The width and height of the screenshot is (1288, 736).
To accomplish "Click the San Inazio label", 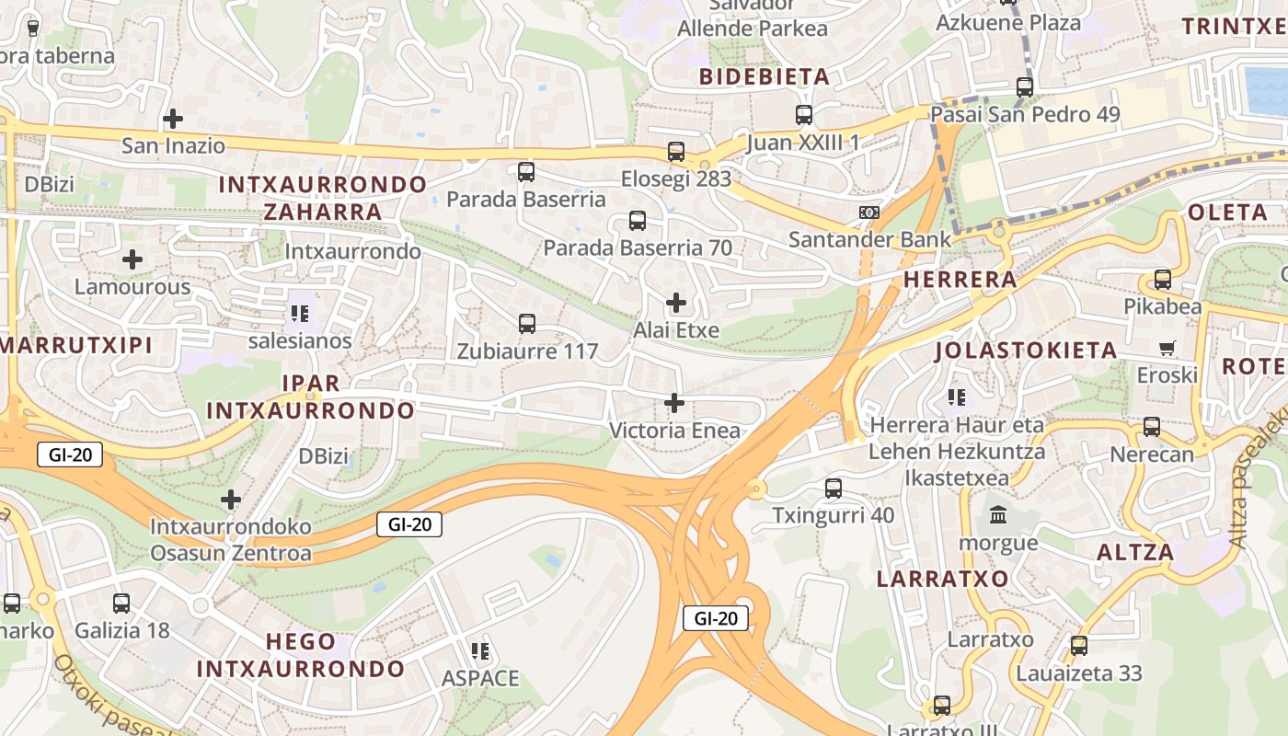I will coord(173,145).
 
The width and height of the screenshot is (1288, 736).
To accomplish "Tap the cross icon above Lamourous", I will coord(132,259).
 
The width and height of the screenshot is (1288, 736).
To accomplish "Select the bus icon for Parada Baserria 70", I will coord(638,221).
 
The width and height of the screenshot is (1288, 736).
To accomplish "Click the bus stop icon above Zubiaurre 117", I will coord(527,324).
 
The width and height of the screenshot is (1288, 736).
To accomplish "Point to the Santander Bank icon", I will coord(868,213).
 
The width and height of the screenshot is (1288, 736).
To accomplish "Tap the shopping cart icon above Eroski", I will coord(1167,349).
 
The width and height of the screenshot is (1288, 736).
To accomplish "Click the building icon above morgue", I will coord(998,515).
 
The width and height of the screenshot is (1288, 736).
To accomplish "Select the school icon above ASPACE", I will coord(479,651).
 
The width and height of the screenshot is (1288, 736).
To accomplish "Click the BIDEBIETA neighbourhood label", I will coord(765,76).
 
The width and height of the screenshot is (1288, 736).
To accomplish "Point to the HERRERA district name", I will coord(960,280).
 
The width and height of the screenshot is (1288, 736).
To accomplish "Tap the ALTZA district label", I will coord(1136,553).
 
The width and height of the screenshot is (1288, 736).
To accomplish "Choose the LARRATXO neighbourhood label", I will coord(943,579).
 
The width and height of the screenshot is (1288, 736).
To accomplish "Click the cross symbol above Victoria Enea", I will coord(674,403).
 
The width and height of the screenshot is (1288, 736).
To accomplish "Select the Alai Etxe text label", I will coord(676,330).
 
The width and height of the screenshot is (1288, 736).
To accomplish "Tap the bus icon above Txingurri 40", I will coord(834,489).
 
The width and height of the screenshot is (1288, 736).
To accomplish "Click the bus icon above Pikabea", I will coord(1163,280).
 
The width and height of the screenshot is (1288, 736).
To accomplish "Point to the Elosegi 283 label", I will coord(676,178).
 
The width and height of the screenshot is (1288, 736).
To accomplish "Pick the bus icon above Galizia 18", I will coord(121,604).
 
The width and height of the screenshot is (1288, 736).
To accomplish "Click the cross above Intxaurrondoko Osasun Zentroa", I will coord(231,500).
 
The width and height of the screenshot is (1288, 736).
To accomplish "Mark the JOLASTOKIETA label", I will coord(1026,351).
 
